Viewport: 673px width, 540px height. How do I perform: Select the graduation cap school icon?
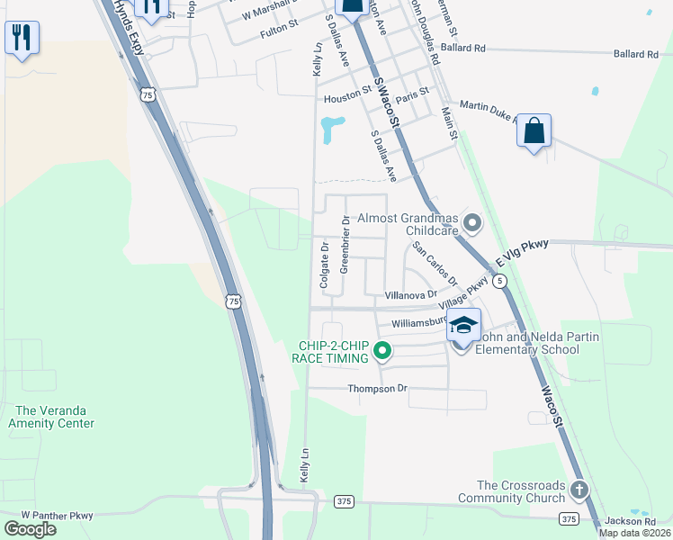[x=463, y=325]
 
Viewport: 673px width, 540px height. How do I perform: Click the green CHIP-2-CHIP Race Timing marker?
[x=382, y=350]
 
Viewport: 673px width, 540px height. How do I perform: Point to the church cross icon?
[x=579, y=490]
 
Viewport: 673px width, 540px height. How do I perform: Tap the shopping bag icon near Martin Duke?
[x=534, y=131]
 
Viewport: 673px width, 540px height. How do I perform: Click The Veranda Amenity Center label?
[x=50, y=416]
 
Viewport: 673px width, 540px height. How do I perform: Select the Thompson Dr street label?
[x=378, y=389]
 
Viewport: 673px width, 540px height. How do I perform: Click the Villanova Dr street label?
[x=410, y=294]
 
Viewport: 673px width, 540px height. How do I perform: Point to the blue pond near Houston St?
[x=330, y=129]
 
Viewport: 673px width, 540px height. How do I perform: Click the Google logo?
[x=30, y=529]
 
